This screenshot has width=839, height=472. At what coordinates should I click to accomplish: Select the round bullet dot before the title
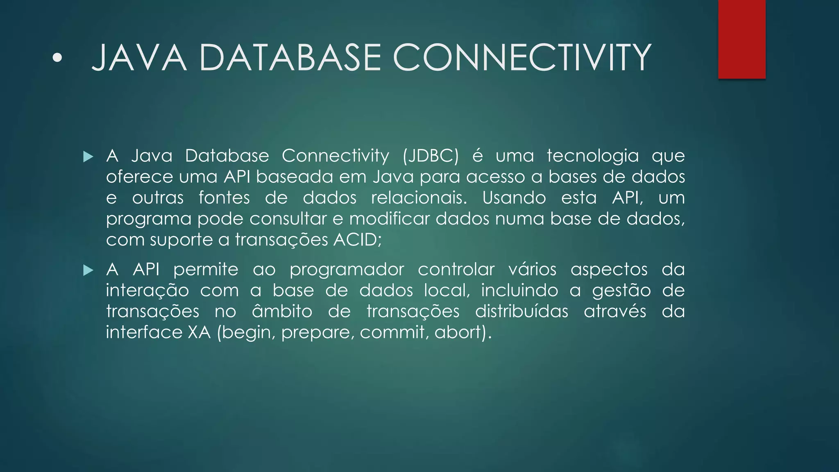pyautogui.click(x=58, y=59)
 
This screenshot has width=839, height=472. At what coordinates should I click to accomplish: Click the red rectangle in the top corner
pyautogui.click(x=741, y=39)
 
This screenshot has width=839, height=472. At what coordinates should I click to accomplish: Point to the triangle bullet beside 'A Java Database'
pyautogui.click(x=88, y=157)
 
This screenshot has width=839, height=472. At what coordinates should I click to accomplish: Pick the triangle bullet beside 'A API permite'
pyautogui.click(x=88, y=270)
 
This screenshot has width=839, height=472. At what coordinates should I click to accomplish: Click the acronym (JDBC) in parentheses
pyautogui.click(x=431, y=156)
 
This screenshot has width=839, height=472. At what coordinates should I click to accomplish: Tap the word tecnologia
pyautogui.click(x=593, y=156)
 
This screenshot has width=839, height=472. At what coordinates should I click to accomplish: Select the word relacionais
pyautogui.click(x=419, y=198)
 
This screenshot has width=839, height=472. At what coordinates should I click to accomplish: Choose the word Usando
pyautogui.click(x=514, y=198)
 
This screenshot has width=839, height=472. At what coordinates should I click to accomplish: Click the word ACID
pyautogui.click(x=356, y=240)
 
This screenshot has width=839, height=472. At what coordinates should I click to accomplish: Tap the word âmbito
pyautogui.click(x=282, y=311)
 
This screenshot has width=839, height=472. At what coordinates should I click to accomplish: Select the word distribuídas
pyautogui.click(x=522, y=311)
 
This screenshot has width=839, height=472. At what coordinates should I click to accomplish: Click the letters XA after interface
pyautogui.click(x=199, y=332)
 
